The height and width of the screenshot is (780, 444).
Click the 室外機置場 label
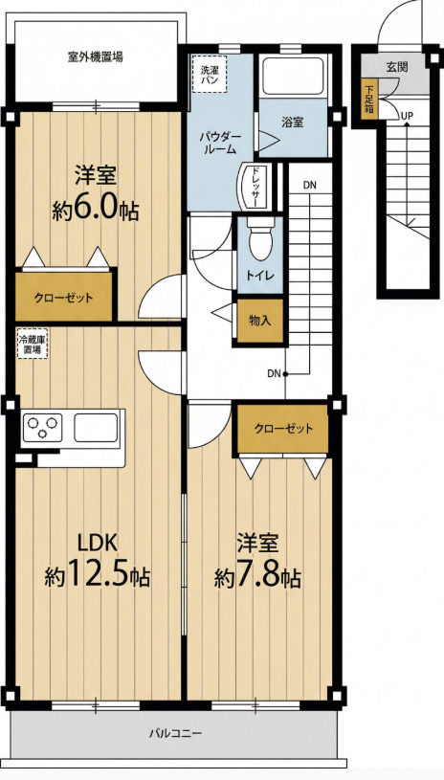[x=96, y=56]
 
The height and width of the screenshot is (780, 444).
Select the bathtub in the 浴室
[x=294, y=77]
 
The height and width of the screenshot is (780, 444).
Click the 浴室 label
[x=293, y=123]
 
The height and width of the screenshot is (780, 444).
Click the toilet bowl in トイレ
[x=261, y=242]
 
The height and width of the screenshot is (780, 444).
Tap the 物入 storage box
[x=260, y=321]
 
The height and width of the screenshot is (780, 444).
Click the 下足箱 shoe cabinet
[x=369, y=99]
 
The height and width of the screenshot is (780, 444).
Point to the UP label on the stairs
[x=407, y=116]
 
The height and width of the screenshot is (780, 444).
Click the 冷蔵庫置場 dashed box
[x=33, y=343]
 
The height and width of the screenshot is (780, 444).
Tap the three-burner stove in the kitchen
[x=42, y=427]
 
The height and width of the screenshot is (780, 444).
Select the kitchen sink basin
[x=96, y=427]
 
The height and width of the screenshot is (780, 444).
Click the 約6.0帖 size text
[x=96, y=210]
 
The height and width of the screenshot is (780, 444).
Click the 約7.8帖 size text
[x=257, y=576]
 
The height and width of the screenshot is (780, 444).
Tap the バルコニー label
[x=175, y=733]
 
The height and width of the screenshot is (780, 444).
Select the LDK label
[x=99, y=543]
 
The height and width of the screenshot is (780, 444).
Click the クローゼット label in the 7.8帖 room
[x=283, y=429]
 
